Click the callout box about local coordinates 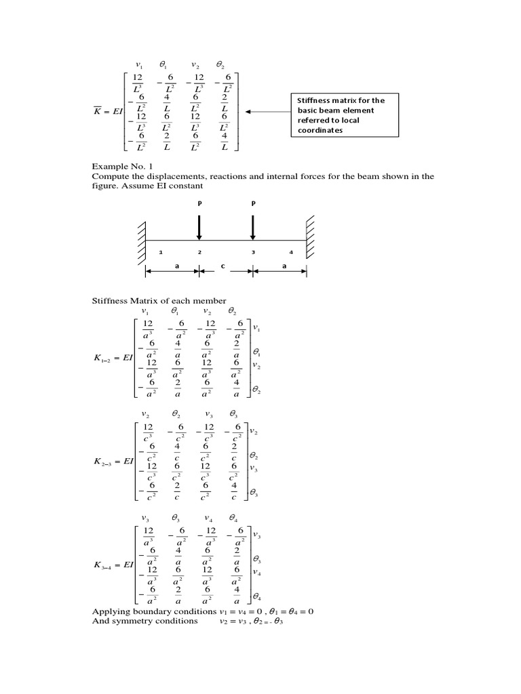344,115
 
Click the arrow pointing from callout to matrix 268,111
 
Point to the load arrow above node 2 199,227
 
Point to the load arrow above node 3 253,227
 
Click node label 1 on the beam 161,252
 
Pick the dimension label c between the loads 222,266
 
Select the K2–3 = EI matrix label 109,462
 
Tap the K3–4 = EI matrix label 109,564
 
